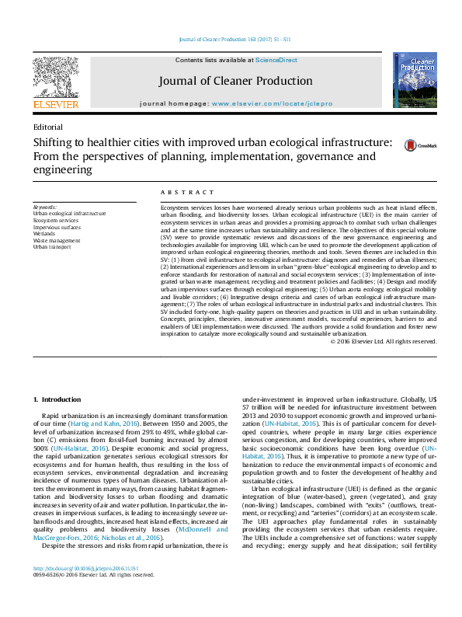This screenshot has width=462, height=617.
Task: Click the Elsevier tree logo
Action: click(x=55, y=77)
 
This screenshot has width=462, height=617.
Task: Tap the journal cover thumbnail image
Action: click(x=414, y=81)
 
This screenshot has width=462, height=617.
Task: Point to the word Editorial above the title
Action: click(x=48, y=127)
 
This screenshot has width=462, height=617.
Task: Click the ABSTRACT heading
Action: click(x=187, y=192)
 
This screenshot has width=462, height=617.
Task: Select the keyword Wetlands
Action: click(x=45, y=233)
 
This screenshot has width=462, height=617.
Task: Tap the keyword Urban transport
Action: click(x=52, y=246)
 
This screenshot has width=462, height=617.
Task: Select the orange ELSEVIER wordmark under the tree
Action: click(x=55, y=103)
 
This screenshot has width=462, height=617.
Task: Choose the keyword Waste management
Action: click(x=57, y=240)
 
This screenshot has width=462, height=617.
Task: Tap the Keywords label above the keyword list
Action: click(x=45, y=207)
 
